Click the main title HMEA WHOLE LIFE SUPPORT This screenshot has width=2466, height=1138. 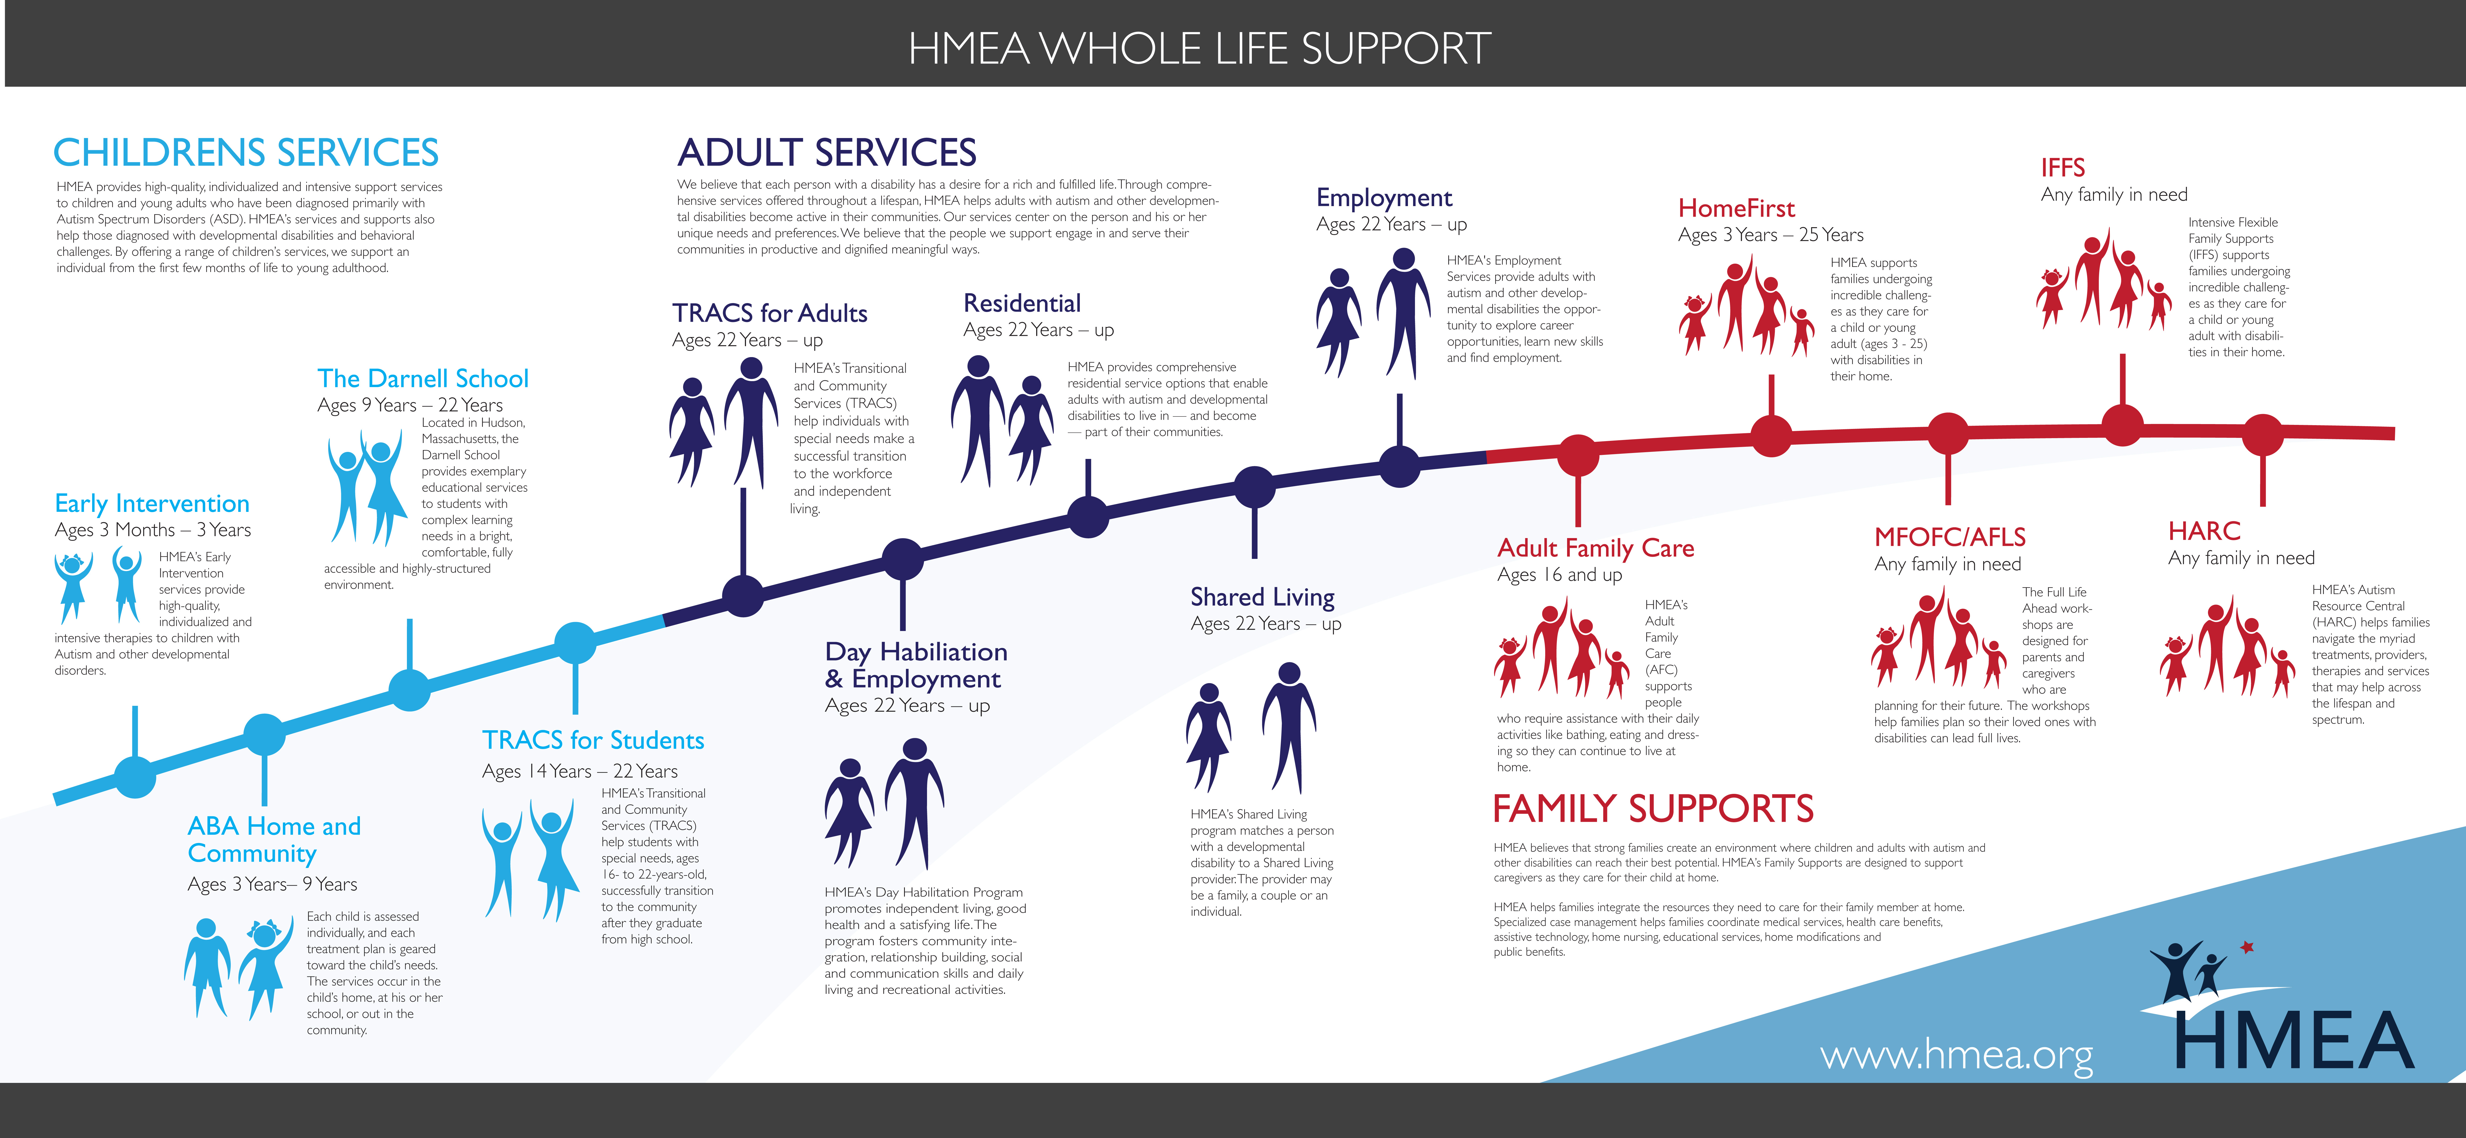coord(1199,48)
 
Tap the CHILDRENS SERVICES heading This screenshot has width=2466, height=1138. coord(246,152)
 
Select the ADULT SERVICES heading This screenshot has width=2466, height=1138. coord(827,152)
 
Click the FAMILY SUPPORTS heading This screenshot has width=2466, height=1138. coord(1653,809)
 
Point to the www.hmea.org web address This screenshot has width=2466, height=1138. coord(1956,1055)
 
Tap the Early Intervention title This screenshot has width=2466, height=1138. coord(152,503)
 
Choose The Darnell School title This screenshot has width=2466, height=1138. coord(423,378)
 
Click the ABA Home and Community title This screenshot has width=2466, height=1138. coord(274,839)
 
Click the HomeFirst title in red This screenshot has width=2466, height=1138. coord(1736,208)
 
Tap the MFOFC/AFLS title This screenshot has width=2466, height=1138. coord(1950,537)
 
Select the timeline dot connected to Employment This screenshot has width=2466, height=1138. coord(1400,466)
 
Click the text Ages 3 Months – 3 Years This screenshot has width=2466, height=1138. coord(153,530)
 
